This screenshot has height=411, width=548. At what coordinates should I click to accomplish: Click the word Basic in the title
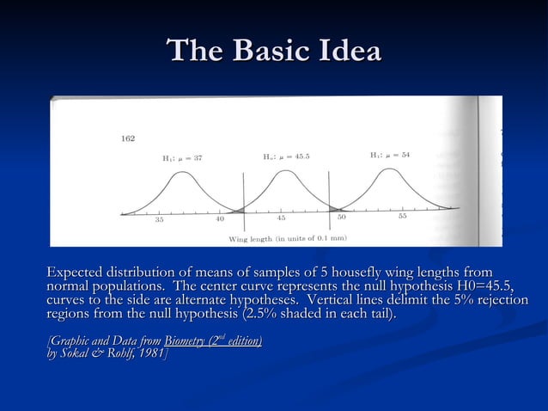pos(276,51)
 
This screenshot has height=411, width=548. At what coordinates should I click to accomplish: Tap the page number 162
pos(128,138)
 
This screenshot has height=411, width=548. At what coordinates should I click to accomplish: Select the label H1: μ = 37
pos(182,158)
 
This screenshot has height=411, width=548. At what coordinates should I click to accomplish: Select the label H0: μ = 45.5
pos(286,156)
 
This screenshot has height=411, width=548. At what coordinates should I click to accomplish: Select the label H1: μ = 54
pos(390,155)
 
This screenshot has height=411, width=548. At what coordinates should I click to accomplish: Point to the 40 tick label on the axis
pos(220,219)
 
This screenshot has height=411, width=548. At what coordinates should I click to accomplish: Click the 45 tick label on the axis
pos(281,218)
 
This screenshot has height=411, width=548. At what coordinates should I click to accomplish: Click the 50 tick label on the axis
pos(342,218)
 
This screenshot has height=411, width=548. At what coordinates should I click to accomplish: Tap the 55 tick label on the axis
pos(402,217)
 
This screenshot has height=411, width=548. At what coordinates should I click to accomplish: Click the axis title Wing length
pos(250,238)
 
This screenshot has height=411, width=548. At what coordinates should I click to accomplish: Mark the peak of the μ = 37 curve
pos(180,173)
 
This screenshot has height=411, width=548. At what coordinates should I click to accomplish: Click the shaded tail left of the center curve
pos(238,209)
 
